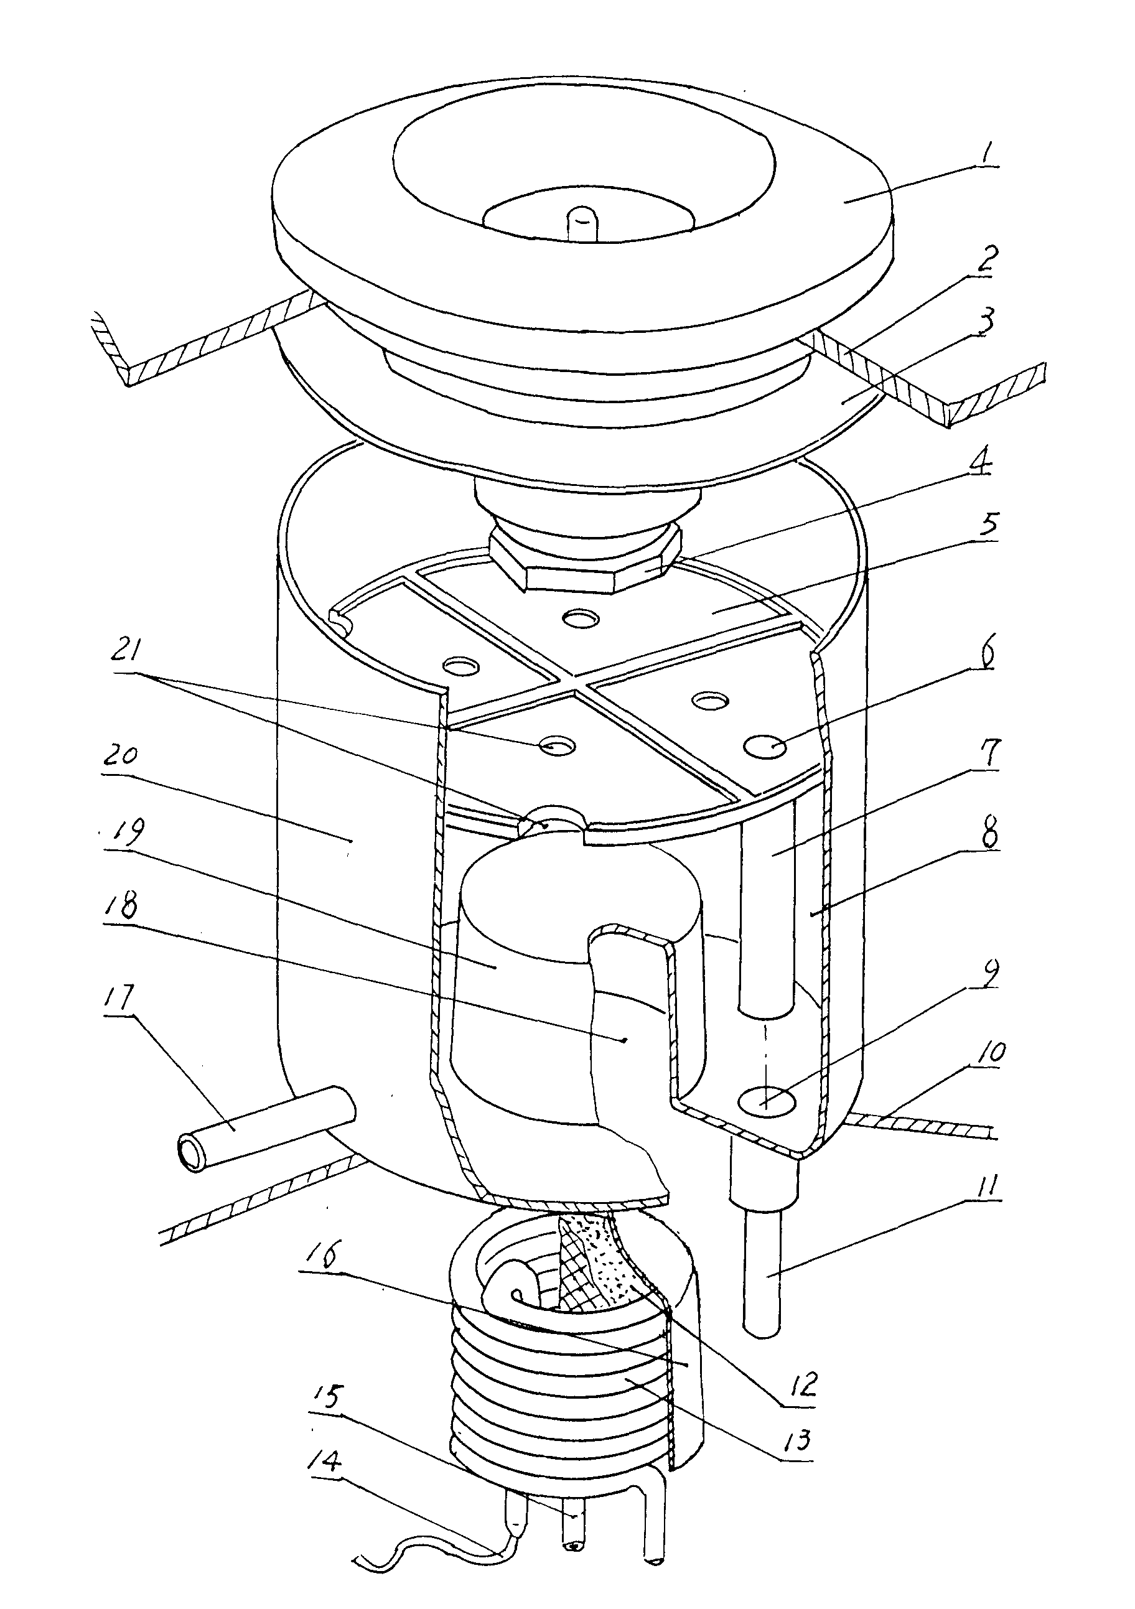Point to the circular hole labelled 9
click(x=769, y=1101)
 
